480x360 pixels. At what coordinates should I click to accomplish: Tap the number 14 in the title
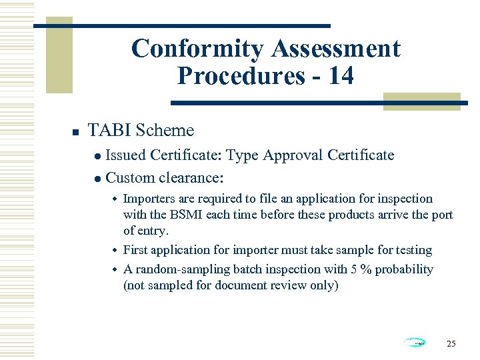coord(341,76)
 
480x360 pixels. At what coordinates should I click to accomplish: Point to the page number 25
coord(451,343)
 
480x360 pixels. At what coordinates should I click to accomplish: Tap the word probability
coord(406,269)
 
